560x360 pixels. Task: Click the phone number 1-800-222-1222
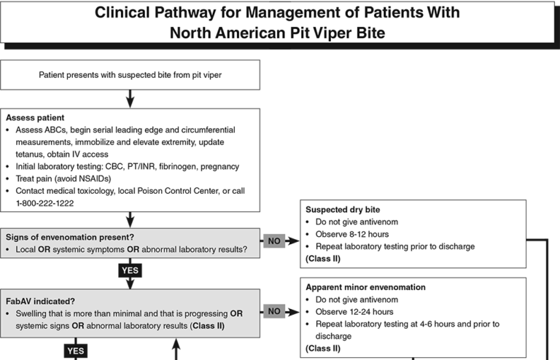pos(44,203)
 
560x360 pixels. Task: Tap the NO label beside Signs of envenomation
pos(274,240)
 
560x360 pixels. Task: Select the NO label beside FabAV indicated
pos(274,311)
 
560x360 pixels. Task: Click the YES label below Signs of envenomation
pos(130,270)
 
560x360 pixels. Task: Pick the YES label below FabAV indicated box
pos(76,351)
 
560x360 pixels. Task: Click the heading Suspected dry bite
pos(343,209)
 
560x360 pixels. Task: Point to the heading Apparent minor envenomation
pos(366,287)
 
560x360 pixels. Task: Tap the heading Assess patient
pos(35,118)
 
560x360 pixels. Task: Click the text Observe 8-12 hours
pos(352,234)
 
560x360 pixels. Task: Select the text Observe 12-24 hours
pos(354,312)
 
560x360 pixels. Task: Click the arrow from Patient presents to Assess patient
pos(130,99)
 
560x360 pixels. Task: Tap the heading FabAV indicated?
pos(40,302)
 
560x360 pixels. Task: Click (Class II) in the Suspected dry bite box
pos(323,258)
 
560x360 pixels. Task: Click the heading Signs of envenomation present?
pos(70,238)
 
